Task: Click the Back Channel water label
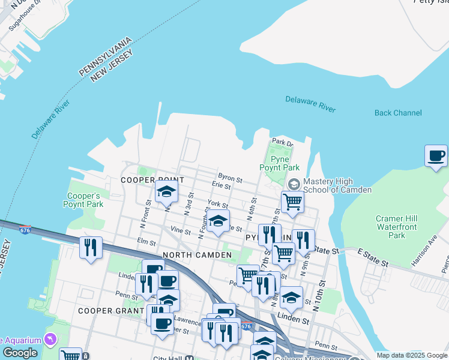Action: tap(398, 113)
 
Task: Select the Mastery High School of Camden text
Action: tap(337, 185)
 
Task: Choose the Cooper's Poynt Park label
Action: tap(85, 200)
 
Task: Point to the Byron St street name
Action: tap(230, 179)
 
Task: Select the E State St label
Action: tap(373, 257)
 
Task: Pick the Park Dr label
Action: tap(282, 142)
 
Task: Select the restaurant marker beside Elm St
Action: tap(91, 247)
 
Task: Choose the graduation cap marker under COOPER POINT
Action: tap(166, 192)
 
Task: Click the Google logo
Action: tap(20, 353)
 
